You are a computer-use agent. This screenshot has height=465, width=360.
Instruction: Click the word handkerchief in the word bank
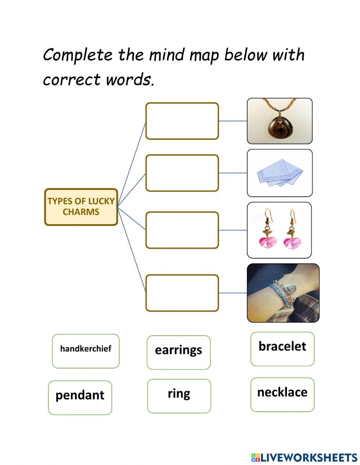coord(86,349)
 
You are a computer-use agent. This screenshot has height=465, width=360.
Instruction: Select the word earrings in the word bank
coord(178,350)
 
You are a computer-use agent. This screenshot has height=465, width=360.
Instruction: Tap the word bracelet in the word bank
coord(282,346)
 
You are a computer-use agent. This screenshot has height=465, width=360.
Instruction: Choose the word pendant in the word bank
coord(80,395)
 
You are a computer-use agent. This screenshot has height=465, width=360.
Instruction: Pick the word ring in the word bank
coord(179,393)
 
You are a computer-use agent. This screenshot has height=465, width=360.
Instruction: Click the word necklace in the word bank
coord(282,392)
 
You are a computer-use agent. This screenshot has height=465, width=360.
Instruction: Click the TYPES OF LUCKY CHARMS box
coord(81,207)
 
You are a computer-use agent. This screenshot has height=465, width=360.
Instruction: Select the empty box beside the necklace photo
coord(182,121)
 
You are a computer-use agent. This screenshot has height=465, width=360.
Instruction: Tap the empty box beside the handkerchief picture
coord(182,173)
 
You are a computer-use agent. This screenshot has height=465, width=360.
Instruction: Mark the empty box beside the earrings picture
coord(182,230)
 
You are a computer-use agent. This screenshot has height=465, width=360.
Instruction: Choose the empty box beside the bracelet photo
coord(182,293)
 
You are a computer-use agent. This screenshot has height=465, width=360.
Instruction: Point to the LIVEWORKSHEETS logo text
coord(308,457)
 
